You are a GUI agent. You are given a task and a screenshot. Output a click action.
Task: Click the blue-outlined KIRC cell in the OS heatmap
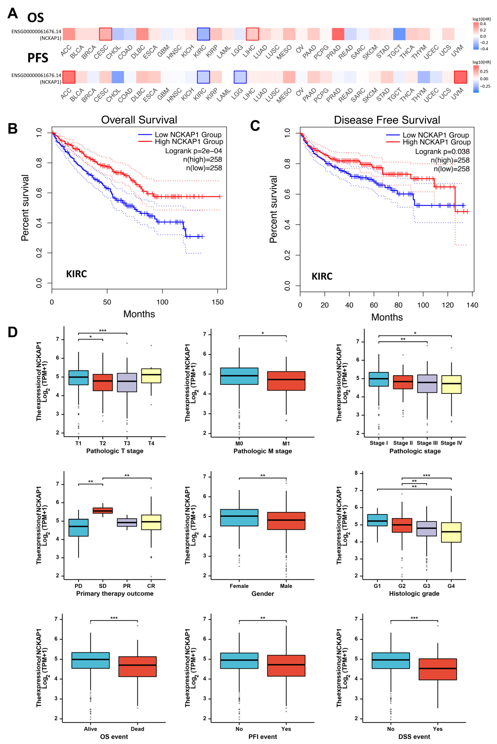point(203,34)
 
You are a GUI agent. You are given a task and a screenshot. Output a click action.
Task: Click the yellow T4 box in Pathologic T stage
point(151,376)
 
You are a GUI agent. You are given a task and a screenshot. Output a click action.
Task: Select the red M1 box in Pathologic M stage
point(286,381)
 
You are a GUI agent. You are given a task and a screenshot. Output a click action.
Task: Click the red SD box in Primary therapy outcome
point(103,510)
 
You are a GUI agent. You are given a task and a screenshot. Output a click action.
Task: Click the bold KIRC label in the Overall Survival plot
point(76,274)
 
